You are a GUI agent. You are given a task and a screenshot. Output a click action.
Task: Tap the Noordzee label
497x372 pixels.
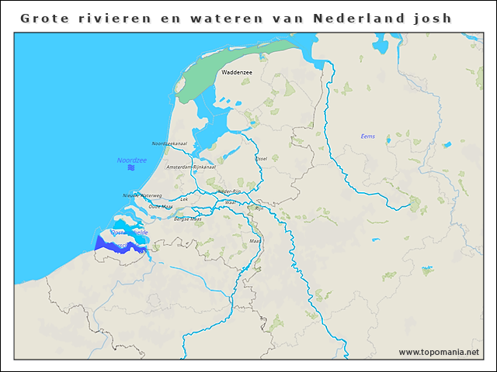pyautogui.click(x=131, y=160)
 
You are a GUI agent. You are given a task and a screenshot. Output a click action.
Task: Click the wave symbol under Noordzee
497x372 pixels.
pyautogui.click(x=131, y=167)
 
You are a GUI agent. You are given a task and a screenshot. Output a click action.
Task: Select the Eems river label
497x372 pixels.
pyautogui.click(x=367, y=136)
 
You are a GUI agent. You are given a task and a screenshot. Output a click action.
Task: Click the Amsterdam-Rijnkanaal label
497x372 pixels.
pyautogui.click(x=190, y=167)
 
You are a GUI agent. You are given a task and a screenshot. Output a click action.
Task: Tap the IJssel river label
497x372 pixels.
pyautogui.click(x=261, y=158)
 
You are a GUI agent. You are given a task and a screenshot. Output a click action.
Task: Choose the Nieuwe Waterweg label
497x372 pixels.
pyautogui.click(x=142, y=195)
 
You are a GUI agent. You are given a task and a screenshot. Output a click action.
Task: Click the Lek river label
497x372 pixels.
pyautogui.click(x=184, y=199)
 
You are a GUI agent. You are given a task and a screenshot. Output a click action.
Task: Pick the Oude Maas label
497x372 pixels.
pyautogui.click(x=161, y=206)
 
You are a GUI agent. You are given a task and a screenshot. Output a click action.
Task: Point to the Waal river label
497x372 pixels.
pyautogui.click(x=230, y=201)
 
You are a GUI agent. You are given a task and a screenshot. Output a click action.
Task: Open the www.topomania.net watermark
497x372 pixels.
pyautogui.click(x=439, y=352)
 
